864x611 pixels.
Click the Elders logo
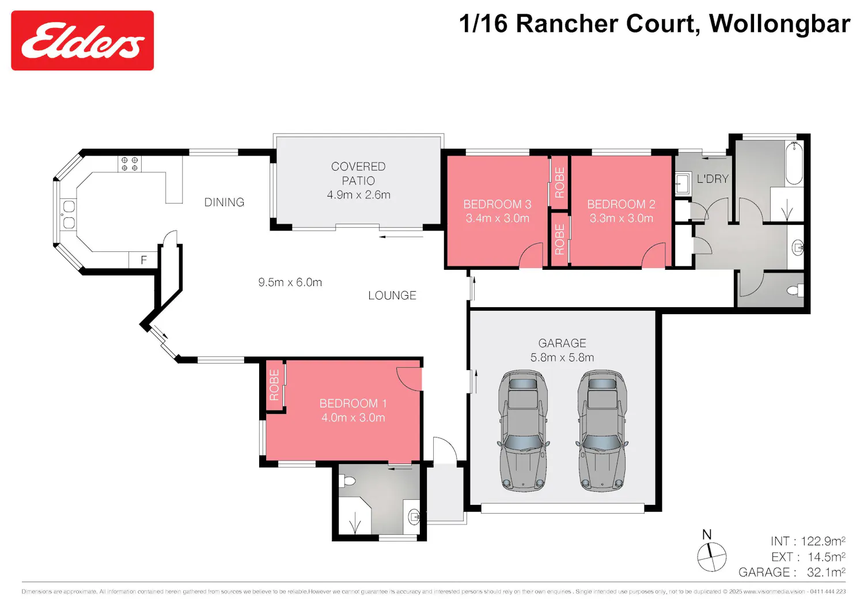tap(82, 40)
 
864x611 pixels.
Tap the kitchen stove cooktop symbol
tap(130, 164)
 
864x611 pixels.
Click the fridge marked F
tap(143, 260)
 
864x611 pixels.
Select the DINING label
tap(224, 202)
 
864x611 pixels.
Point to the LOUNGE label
tap(392, 296)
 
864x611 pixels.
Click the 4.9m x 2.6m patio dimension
tap(358, 195)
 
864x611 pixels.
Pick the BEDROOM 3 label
tap(497, 204)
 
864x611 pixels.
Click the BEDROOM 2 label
tap(621, 204)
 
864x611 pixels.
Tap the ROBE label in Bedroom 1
tap(274, 385)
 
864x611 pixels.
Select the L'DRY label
tap(713, 179)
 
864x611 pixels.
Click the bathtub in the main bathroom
tap(794, 163)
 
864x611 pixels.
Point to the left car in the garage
tap(524, 431)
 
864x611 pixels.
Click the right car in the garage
tap(602, 431)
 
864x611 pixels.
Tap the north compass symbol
tap(711, 557)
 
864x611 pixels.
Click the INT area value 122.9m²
tap(823, 541)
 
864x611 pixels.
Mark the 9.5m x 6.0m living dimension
tap(290, 282)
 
